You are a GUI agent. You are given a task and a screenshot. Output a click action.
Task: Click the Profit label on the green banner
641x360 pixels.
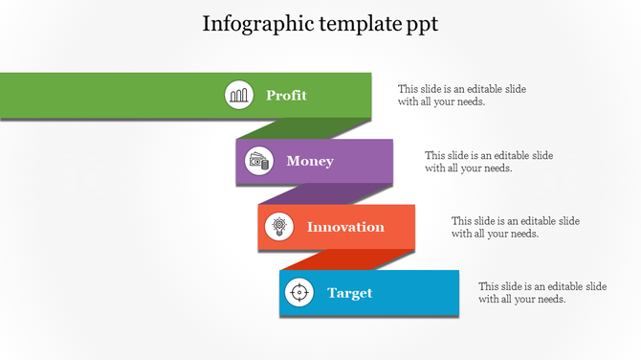point(286,95)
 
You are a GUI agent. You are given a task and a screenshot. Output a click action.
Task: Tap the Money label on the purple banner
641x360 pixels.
point(310,161)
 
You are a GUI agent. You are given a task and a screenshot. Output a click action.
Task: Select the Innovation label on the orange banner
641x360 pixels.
point(345,227)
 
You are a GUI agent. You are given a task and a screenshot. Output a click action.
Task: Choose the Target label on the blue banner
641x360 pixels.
point(349,293)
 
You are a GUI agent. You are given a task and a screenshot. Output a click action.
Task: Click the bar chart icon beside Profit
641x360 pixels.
point(239,95)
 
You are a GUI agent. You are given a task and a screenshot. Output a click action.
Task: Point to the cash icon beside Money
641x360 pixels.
point(259,161)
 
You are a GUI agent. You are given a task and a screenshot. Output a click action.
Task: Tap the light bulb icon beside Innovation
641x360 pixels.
point(279,227)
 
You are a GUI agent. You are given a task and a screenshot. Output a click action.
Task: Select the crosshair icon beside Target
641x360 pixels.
point(299,293)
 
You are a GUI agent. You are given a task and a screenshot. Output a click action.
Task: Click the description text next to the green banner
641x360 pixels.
point(461,95)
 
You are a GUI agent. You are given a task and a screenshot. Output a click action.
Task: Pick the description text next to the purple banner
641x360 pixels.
point(488,161)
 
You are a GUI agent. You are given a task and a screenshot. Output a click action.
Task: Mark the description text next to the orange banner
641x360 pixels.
point(515,227)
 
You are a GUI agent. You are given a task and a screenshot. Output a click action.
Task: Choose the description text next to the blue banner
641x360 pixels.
point(542,292)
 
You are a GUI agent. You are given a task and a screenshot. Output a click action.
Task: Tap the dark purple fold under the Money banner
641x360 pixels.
point(325,194)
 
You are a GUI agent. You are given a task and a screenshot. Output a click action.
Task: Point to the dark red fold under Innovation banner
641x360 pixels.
point(347,259)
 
